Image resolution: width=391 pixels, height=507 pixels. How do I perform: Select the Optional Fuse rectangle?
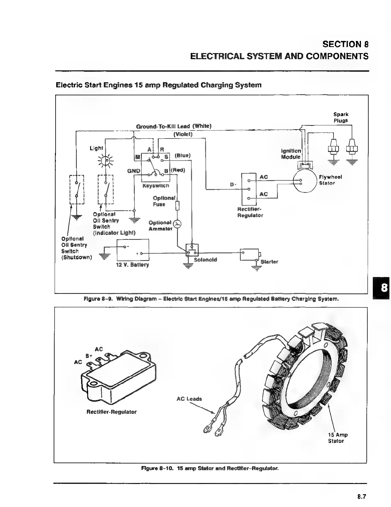click(178, 206)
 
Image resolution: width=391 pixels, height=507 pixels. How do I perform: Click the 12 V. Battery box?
click(133, 250)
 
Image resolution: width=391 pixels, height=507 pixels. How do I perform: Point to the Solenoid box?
click(192, 250)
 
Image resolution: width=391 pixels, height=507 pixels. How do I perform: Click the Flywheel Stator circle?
click(305, 181)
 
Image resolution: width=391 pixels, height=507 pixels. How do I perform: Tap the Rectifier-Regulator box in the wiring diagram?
click(249, 189)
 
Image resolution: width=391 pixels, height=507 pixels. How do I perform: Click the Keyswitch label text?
click(156, 186)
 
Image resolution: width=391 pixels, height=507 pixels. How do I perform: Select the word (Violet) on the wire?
click(183, 134)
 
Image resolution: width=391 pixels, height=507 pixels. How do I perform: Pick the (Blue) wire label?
click(182, 155)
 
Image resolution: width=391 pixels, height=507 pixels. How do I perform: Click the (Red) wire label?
click(178, 170)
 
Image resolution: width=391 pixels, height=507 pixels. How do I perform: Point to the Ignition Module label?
click(291, 154)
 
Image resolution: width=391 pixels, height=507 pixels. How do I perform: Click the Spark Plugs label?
click(341, 117)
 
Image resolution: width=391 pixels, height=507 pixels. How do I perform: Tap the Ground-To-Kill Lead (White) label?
click(174, 126)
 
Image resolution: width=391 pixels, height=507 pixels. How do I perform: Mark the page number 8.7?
click(361, 496)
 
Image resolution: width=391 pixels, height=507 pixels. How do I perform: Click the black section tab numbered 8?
click(381, 288)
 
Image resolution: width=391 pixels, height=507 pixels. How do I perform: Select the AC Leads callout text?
click(189, 399)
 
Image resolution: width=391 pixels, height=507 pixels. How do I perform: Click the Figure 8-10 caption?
click(210, 468)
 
